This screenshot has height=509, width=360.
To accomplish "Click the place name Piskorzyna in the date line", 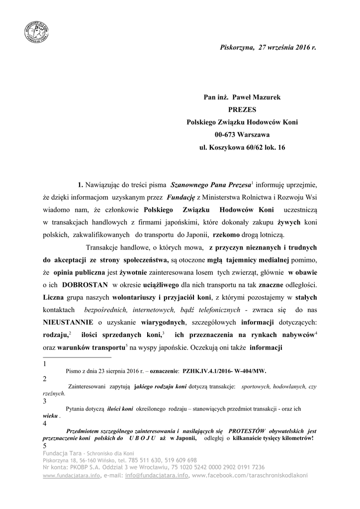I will pos(236,47).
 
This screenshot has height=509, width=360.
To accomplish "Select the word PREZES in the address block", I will pos(242,109).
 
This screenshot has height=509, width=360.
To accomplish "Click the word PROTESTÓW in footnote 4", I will pos(247,430).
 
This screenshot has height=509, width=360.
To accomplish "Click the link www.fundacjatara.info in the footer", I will pos(72,475).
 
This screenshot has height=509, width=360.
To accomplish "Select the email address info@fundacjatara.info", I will pos(156,475).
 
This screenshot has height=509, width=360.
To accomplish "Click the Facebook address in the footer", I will pos(250,475).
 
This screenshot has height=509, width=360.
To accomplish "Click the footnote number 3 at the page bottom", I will pos(45,401).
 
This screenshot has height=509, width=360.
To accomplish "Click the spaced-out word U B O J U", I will pos(142,438).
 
